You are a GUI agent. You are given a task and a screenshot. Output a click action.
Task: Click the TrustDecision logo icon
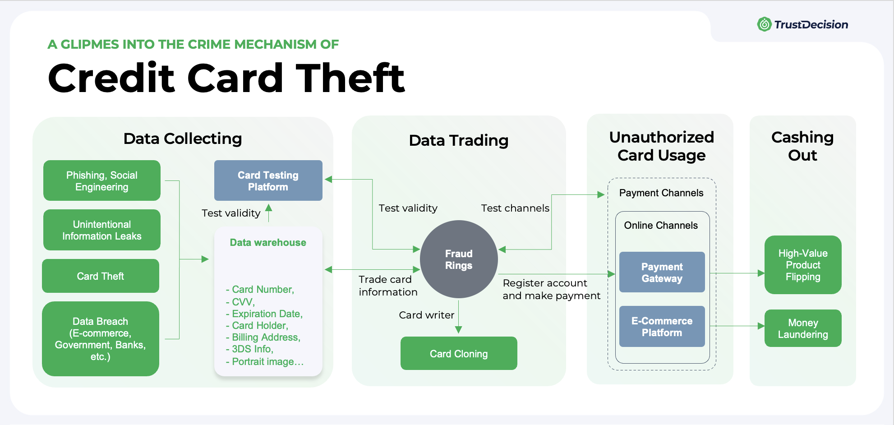click(x=764, y=24)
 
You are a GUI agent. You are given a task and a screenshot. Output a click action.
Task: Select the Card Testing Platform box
click(x=268, y=180)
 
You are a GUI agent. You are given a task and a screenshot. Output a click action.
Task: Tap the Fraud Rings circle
click(x=459, y=259)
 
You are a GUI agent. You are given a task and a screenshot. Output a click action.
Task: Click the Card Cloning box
click(x=459, y=354)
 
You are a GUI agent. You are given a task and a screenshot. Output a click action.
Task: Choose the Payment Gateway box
click(x=662, y=273)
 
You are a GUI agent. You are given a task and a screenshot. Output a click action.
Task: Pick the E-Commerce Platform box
click(x=662, y=327)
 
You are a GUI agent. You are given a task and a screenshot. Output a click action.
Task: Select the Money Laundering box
click(x=803, y=328)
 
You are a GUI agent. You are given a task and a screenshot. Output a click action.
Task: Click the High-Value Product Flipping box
click(x=803, y=265)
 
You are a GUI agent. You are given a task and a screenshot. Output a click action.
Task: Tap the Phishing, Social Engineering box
click(x=102, y=181)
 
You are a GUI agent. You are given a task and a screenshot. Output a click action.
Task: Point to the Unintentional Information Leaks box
click(x=102, y=230)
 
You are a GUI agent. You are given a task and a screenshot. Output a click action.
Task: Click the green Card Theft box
click(x=101, y=276)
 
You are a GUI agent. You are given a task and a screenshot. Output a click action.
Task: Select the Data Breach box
click(x=101, y=339)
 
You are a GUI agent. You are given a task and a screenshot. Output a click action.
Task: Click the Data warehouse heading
click(x=268, y=243)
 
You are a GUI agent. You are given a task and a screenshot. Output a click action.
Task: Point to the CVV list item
click(x=243, y=302)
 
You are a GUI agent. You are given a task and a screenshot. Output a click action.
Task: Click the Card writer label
click(x=426, y=315)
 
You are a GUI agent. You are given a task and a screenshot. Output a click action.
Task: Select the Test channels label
click(x=515, y=208)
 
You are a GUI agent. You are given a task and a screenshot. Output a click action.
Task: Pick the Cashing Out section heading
click(x=802, y=146)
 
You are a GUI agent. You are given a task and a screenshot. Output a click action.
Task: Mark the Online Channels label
click(x=661, y=226)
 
